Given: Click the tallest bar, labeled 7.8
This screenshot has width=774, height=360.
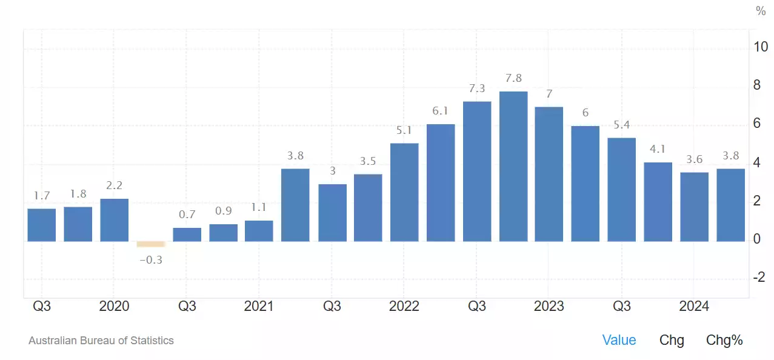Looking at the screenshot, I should click(x=513, y=166).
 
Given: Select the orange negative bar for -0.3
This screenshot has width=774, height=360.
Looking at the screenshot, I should click(x=151, y=244).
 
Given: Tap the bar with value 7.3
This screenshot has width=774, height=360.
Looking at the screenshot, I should click(x=477, y=171).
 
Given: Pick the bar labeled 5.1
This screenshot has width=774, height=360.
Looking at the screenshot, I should click(x=404, y=192).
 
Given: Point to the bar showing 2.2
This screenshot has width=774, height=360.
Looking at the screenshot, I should click(x=114, y=219).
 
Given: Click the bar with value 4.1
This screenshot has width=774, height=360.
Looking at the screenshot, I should click(x=658, y=202).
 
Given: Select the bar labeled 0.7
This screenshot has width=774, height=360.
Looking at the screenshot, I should click(x=187, y=235).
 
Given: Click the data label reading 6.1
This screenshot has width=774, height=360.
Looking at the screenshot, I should click(x=441, y=111).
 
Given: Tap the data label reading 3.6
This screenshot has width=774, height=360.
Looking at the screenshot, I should click(x=694, y=159).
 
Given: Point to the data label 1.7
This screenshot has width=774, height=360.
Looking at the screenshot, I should click(x=42, y=196).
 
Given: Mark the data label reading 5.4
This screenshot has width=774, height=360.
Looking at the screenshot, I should click(x=622, y=125).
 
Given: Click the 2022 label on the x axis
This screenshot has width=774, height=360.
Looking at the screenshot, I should click(x=404, y=306).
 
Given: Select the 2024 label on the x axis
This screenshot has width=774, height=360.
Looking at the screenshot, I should click(x=694, y=306).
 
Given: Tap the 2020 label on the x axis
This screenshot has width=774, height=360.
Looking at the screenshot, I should click(x=114, y=306).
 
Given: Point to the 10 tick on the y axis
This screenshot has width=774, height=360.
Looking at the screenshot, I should click(x=760, y=47).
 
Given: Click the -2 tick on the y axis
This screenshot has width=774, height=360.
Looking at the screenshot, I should click(x=759, y=277).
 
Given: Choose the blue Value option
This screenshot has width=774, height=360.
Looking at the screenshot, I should click(x=619, y=340).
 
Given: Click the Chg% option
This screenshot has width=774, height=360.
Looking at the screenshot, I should click(x=724, y=340).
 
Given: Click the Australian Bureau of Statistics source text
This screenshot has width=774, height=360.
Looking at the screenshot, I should click(x=101, y=341).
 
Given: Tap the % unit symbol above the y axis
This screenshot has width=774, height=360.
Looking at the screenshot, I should click(x=761, y=11).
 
